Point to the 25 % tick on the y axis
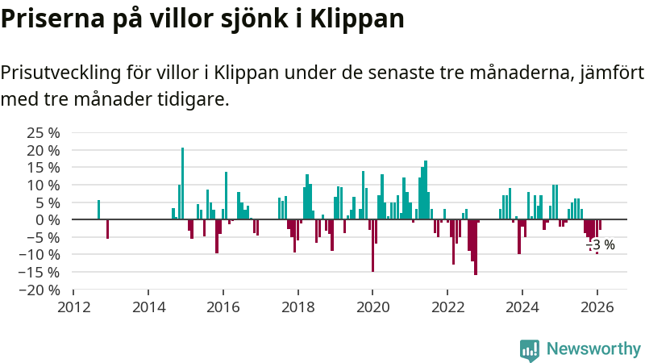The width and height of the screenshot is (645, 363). coord(44,132)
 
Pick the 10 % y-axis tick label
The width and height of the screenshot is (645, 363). coord(44,185)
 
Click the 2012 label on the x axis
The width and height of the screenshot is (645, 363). coord(73,307)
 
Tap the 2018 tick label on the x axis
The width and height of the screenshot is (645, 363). coord(298,307)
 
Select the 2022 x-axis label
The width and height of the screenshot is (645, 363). coord(447,307)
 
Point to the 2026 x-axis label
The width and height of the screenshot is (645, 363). coord(597,307)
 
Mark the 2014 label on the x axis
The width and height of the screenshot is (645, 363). coord(148,307)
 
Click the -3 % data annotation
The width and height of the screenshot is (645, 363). coord(600,244)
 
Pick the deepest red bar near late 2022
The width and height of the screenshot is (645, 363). coord(476,247)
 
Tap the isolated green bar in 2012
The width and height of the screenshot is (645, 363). coord(98,210)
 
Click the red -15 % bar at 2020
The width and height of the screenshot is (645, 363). coord(372,245)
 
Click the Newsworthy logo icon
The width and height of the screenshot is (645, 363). coord(530,349)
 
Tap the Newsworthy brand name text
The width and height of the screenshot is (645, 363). coord(593,349)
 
